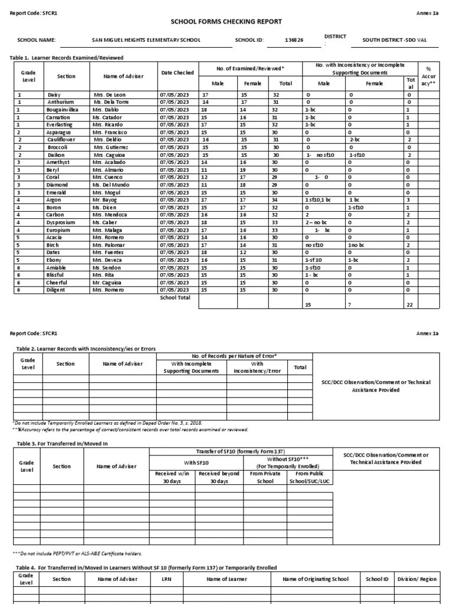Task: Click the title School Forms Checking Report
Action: (x=226, y=22)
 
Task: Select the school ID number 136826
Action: (x=294, y=41)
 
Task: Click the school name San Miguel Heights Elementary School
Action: (x=146, y=41)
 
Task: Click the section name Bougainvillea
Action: (x=62, y=110)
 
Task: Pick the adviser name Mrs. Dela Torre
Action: (x=110, y=102)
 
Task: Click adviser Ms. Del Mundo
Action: (x=110, y=185)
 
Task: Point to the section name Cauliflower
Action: (x=61, y=140)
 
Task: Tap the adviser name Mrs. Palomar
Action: (x=109, y=245)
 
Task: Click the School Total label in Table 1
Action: (x=175, y=298)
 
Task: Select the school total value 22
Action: (x=409, y=305)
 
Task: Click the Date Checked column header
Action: (x=177, y=73)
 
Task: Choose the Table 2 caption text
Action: (x=86, y=349)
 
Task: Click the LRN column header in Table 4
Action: (x=166, y=579)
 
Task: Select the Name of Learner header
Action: (x=226, y=579)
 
